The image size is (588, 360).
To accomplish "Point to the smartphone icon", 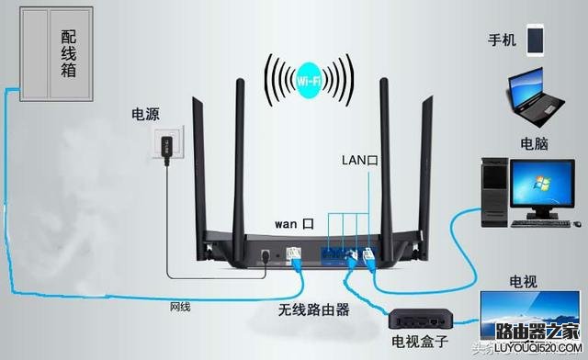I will click(x=535, y=39).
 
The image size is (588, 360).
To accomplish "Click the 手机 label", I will click(x=502, y=40).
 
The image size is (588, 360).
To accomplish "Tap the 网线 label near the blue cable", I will click(x=180, y=306).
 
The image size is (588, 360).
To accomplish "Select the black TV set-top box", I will click(x=420, y=319).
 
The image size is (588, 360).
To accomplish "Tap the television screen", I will click(x=531, y=312).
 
